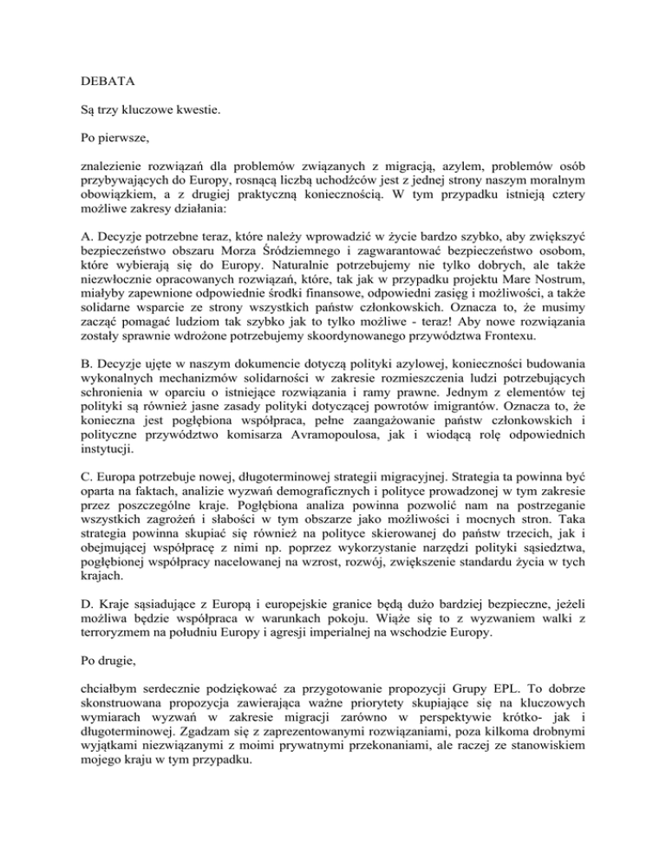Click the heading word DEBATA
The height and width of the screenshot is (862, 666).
click(97, 88)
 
